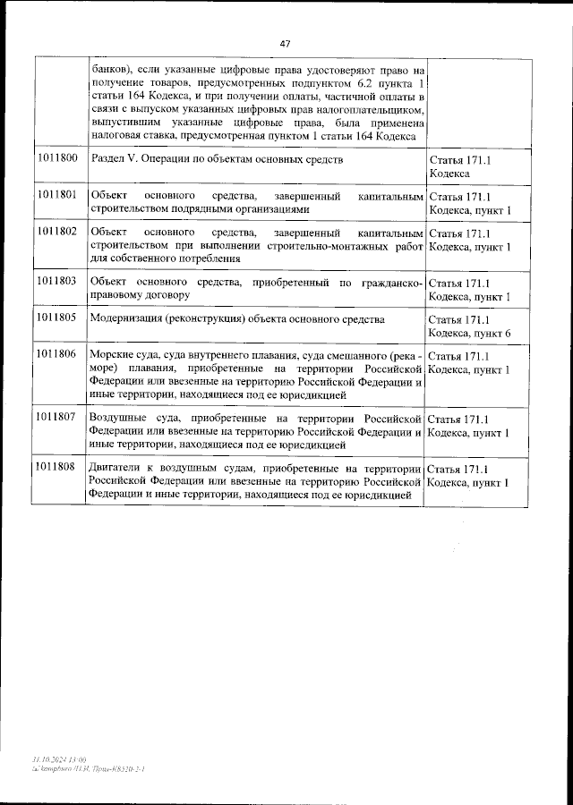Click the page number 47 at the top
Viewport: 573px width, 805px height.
click(x=286, y=43)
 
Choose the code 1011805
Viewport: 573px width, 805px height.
click(x=57, y=318)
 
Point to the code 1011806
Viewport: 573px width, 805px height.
click(x=57, y=355)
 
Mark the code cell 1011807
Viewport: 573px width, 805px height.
click(x=57, y=418)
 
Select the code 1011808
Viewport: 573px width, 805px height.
click(x=57, y=468)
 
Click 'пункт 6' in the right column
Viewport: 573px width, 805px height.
click(x=495, y=333)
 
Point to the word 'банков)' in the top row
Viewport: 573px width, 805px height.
click(x=113, y=68)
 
